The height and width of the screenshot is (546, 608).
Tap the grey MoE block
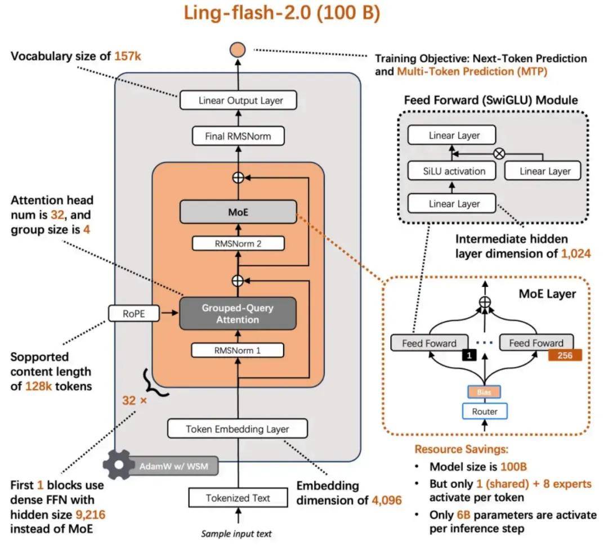238,213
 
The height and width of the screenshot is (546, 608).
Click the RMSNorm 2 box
238,243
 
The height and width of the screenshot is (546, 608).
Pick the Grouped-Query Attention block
238,314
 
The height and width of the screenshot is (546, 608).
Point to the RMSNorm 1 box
238,350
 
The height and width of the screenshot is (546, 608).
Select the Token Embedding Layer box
238,429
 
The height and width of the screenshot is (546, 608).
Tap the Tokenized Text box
238,498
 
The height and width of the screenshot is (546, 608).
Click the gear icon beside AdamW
117,465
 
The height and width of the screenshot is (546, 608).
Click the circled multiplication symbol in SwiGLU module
498,153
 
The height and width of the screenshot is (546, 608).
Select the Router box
485,412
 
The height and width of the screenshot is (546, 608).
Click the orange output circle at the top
238,49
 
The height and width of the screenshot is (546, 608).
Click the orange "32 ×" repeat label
135,401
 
